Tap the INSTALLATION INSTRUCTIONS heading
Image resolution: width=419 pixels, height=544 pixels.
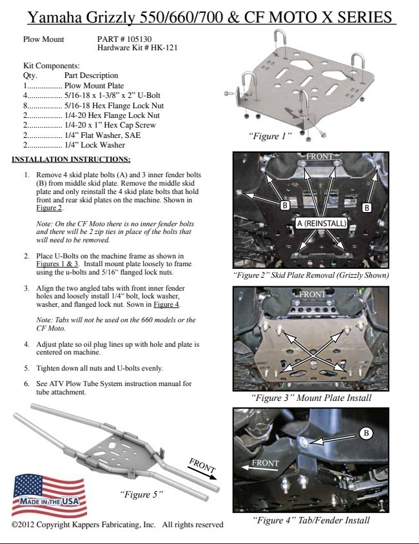tap(72, 159)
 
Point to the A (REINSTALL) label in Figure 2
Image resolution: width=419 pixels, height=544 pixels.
tap(322, 223)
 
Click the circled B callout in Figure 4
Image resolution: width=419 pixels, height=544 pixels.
tap(365, 433)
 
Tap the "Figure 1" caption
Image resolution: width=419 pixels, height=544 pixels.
tap(271, 136)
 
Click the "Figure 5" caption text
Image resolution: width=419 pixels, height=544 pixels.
tap(142, 494)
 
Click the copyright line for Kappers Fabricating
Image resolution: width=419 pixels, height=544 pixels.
tap(117, 525)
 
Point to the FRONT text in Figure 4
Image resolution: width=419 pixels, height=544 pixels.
tap(265, 463)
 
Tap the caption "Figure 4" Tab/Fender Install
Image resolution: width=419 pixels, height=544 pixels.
tap(311, 520)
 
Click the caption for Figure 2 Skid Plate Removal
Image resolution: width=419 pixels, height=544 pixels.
tap(311, 275)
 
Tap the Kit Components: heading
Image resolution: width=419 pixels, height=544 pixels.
tap(51, 66)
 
